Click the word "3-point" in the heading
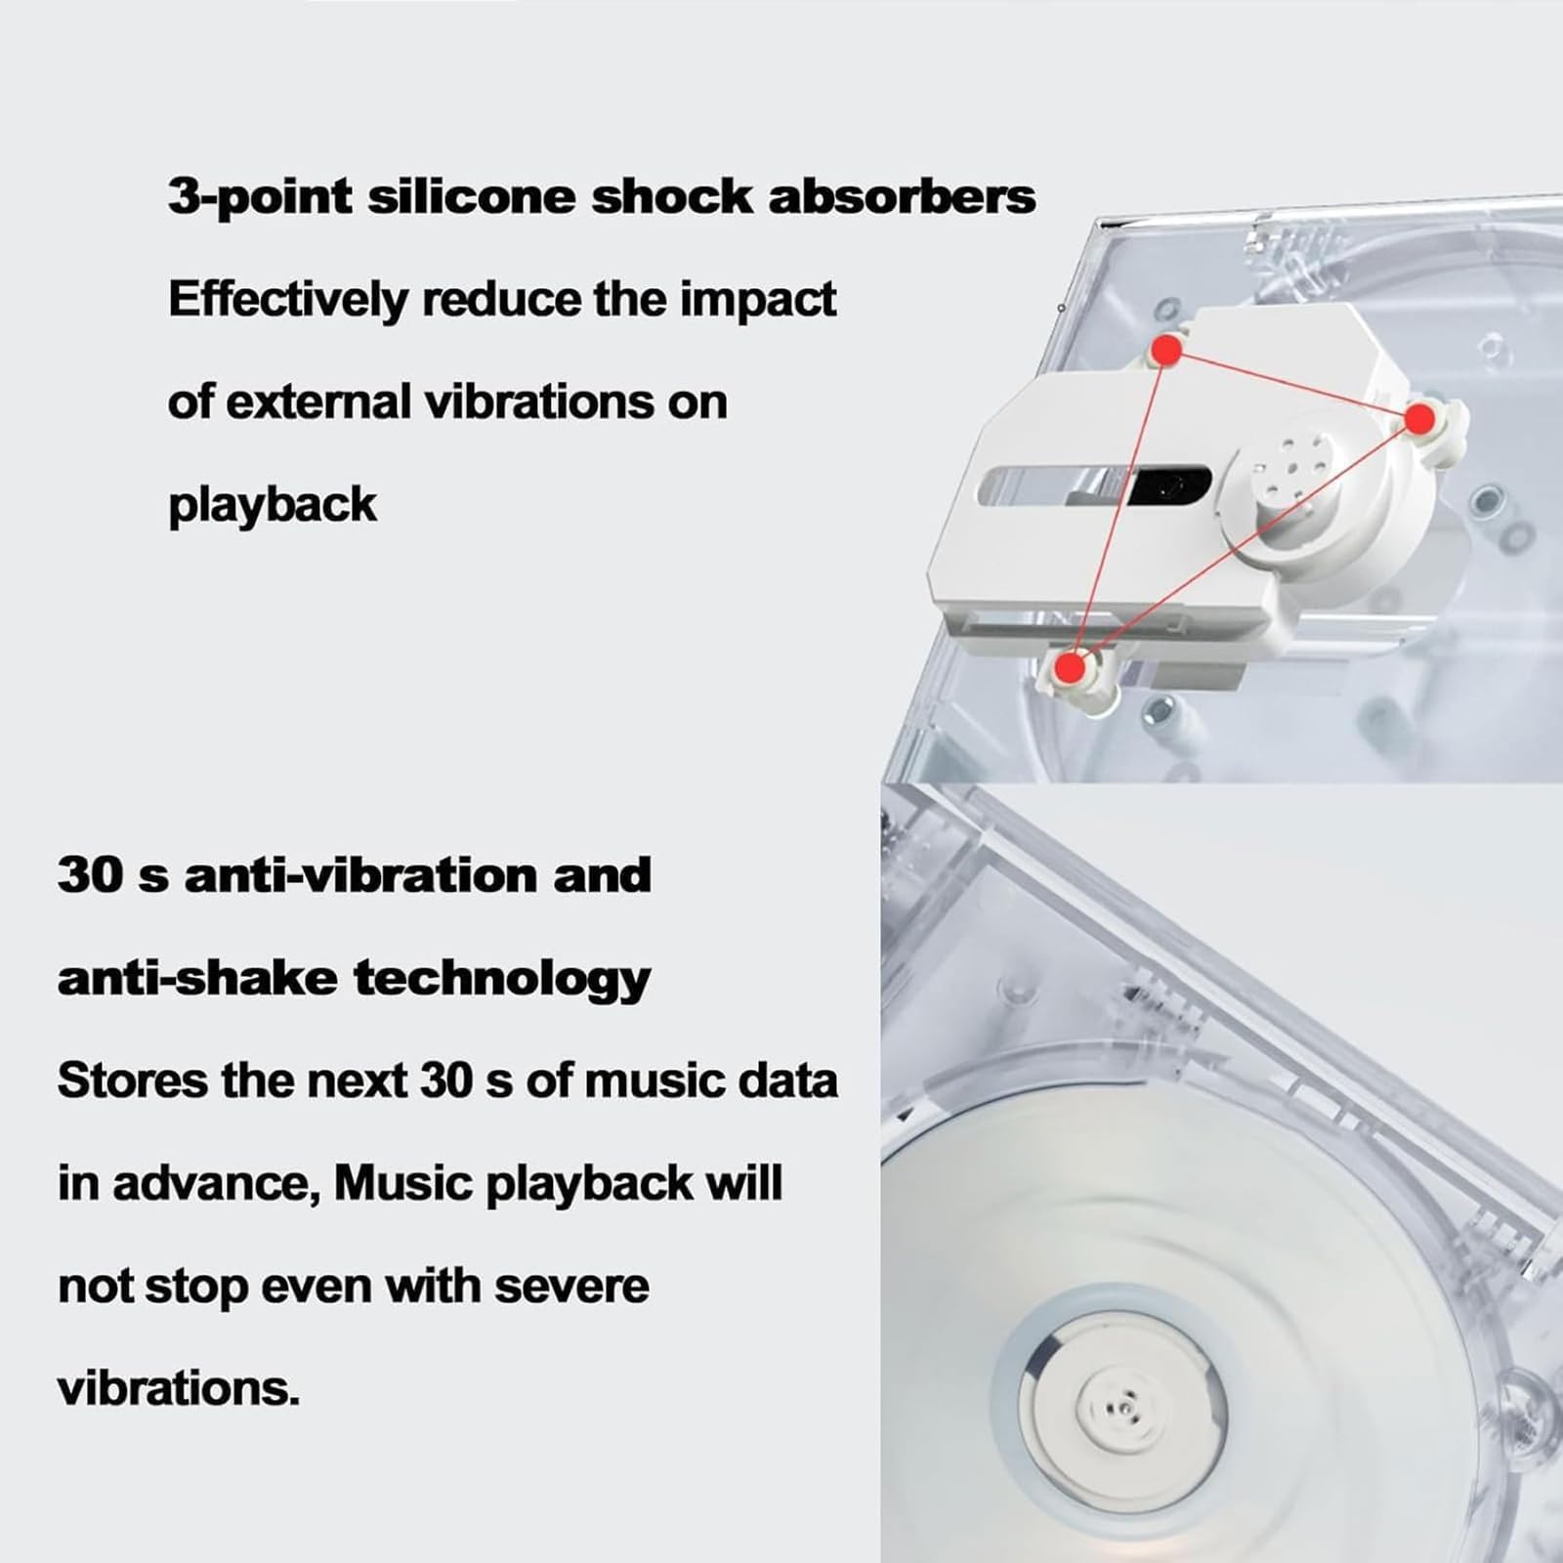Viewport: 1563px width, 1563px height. tap(259, 197)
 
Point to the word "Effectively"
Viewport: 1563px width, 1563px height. tap(288, 300)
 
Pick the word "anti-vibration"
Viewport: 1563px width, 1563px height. tap(360, 874)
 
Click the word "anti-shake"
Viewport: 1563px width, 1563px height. tap(196, 977)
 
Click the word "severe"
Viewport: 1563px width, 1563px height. tap(571, 1286)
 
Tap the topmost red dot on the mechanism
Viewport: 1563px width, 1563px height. tap(1166, 349)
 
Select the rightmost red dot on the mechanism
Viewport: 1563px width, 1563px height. tap(1420, 420)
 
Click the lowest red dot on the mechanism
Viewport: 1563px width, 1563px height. tap(1072, 667)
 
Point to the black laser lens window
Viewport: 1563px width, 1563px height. tap(1169, 486)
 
